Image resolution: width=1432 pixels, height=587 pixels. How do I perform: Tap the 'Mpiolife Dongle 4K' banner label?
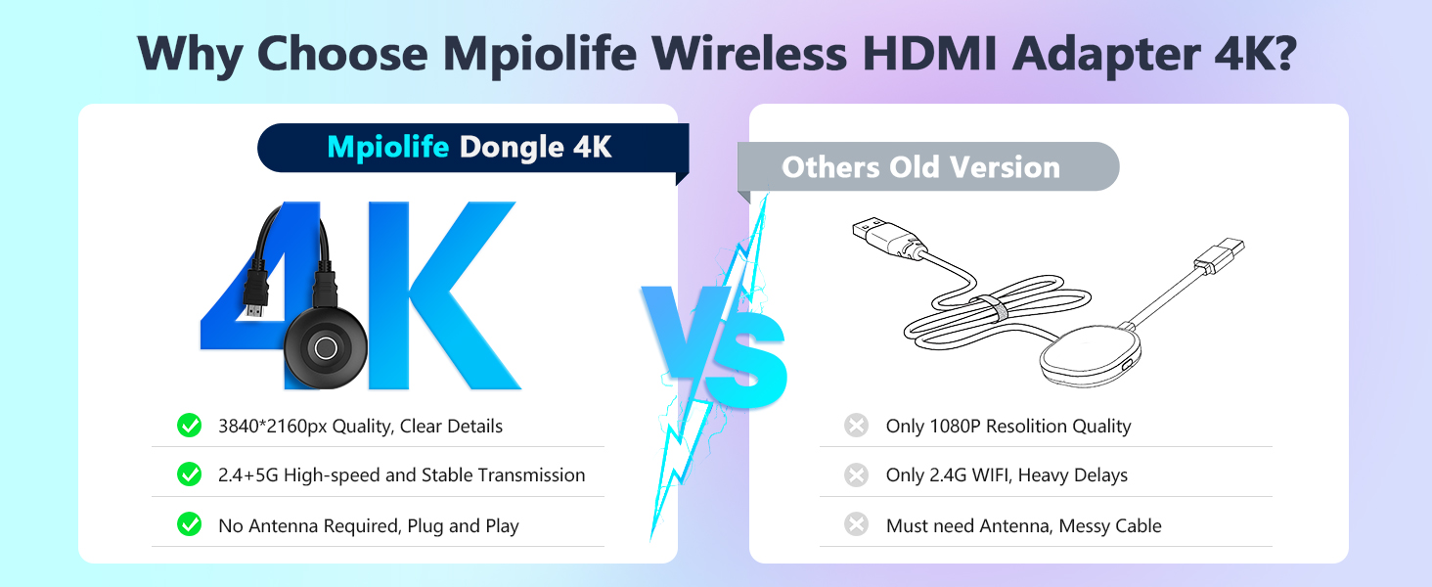tap(470, 148)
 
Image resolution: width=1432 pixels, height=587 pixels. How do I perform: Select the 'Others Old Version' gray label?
tap(920, 167)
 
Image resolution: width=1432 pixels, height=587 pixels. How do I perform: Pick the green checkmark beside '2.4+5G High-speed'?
tap(189, 474)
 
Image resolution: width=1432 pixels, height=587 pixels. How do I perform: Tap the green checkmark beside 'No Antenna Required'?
tap(189, 525)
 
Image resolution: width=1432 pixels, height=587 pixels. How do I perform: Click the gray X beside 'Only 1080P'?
tap(856, 426)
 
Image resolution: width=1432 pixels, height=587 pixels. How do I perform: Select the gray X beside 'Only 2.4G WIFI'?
tap(856, 474)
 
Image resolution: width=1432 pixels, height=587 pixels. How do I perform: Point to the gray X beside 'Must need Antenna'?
tap(856, 525)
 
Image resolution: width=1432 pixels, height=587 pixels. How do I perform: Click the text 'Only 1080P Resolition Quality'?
tap(1007, 427)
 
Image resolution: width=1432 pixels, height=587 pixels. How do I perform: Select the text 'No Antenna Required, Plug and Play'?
tap(368, 526)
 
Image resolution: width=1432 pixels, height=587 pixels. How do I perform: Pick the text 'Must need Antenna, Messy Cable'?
tap(1023, 526)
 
